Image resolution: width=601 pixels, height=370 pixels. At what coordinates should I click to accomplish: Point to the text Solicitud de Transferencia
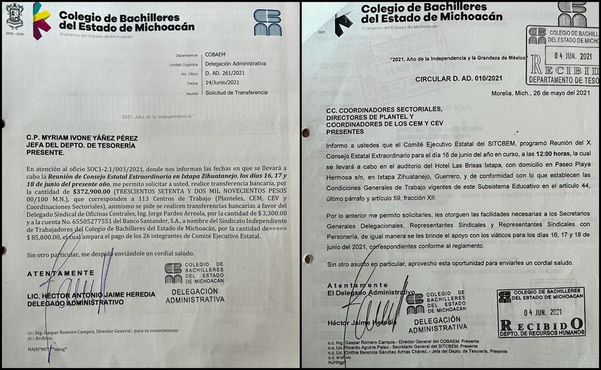pyautogui.click(x=236, y=93)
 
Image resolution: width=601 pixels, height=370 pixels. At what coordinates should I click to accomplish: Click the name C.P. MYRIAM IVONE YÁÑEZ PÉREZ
pyautogui.click(x=82, y=138)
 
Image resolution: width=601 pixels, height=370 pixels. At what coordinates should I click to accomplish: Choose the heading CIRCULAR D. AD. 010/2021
pyautogui.click(x=459, y=79)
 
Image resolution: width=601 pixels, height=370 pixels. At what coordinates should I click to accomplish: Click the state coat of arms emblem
pyautogui.click(x=14, y=16)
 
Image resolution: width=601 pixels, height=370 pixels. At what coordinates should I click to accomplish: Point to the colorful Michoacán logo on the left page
pyautogui.click(x=42, y=20)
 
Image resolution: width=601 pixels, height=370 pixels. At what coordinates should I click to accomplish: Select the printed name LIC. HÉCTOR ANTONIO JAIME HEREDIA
pyautogui.click(x=91, y=294)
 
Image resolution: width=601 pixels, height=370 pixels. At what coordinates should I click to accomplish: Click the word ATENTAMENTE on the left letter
pyautogui.click(x=61, y=273)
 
